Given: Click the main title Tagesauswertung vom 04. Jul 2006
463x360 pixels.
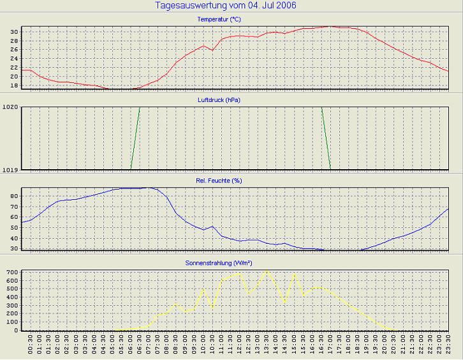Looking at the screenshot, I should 226,6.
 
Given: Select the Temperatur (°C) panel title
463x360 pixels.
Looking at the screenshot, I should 219,19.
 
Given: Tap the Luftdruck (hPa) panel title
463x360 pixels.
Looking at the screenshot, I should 219,100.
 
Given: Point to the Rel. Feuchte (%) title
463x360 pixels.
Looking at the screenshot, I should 219,181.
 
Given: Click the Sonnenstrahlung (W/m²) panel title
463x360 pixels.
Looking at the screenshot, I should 219,262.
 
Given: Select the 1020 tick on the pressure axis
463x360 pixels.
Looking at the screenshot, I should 11,107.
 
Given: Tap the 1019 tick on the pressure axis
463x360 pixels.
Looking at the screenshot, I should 11,170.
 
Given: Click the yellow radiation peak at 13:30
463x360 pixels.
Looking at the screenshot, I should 267,271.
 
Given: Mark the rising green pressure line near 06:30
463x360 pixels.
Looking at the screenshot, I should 135,138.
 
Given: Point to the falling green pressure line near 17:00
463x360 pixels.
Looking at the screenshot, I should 326,138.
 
